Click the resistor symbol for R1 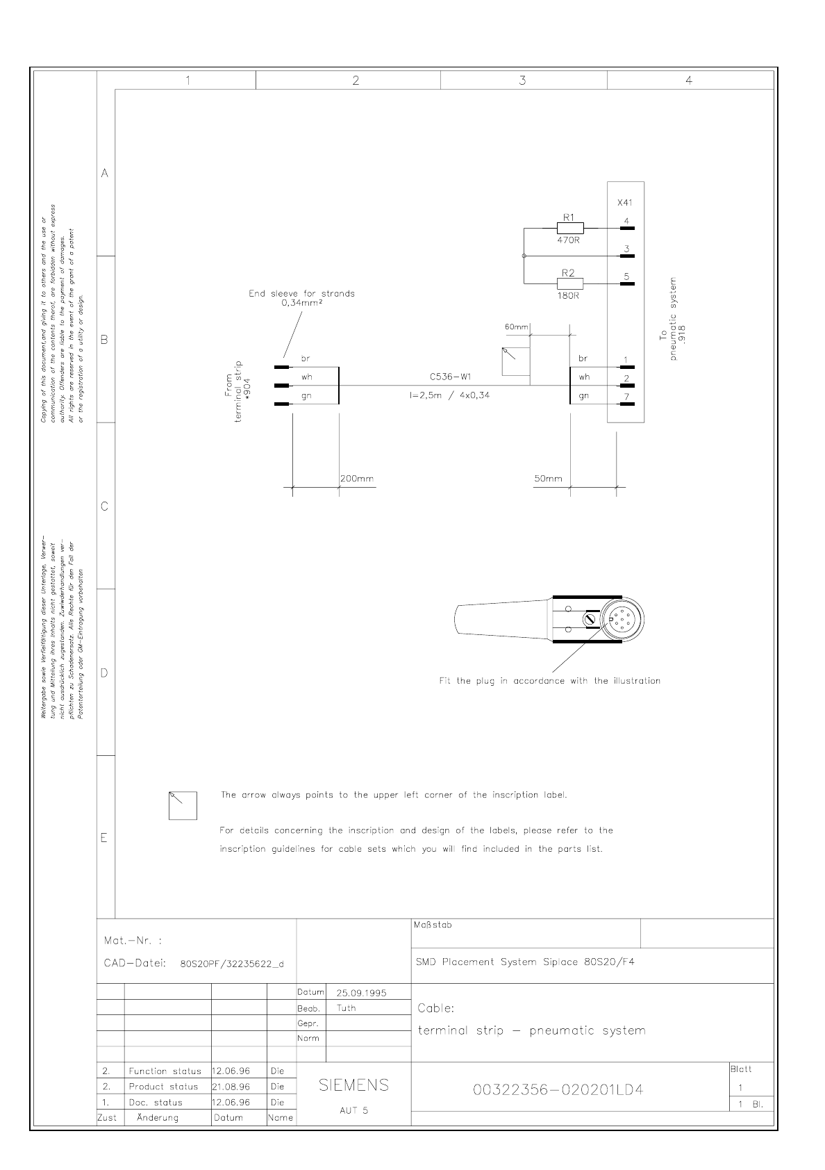pyautogui.click(x=569, y=227)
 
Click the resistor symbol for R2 pyautogui.click(x=569, y=283)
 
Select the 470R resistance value pyautogui.click(x=567, y=240)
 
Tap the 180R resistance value pyautogui.click(x=567, y=295)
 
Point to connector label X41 pyautogui.click(x=625, y=203)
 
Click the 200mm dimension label pyautogui.click(x=357, y=479)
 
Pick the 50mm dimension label pyautogui.click(x=548, y=479)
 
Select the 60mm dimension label pyautogui.click(x=517, y=327)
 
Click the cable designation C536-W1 pyautogui.click(x=451, y=377)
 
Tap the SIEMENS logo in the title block pyautogui.click(x=353, y=1085)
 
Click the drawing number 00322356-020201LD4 pyautogui.click(x=558, y=1090)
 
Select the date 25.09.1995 pyautogui.click(x=361, y=993)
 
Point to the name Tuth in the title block pyautogui.click(x=346, y=1008)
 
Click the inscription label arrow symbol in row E pyautogui.click(x=183, y=805)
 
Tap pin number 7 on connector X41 pyautogui.click(x=626, y=397)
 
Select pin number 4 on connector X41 pyautogui.click(x=626, y=221)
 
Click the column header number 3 pyautogui.click(x=523, y=81)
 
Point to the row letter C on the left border pyautogui.click(x=105, y=506)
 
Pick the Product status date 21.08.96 pyautogui.click(x=231, y=1087)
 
